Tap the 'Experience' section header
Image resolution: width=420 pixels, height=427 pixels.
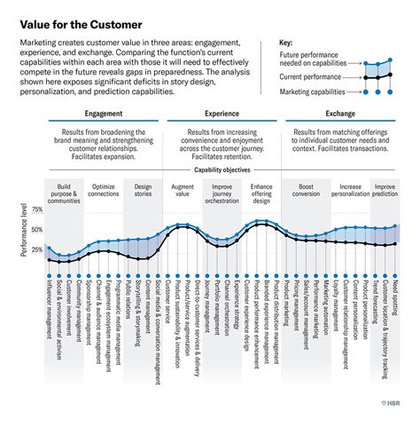[222, 115]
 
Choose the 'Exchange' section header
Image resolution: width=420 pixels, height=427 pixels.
[340, 115]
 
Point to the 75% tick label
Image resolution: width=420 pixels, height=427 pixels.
[37, 210]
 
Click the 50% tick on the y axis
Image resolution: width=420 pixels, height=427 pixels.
[37, 230]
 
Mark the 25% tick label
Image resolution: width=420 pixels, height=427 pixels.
[37, 249]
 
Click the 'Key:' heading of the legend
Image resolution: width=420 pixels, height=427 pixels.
[286, 43]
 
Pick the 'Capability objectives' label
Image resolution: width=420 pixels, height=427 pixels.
[222, 169]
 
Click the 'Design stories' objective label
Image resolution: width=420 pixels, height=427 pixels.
[144, 191]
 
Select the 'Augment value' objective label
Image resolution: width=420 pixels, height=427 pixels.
[182, 191]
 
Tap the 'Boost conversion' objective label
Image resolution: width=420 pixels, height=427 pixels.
[307, 191]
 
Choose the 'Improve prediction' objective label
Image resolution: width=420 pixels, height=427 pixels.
[385, 191]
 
